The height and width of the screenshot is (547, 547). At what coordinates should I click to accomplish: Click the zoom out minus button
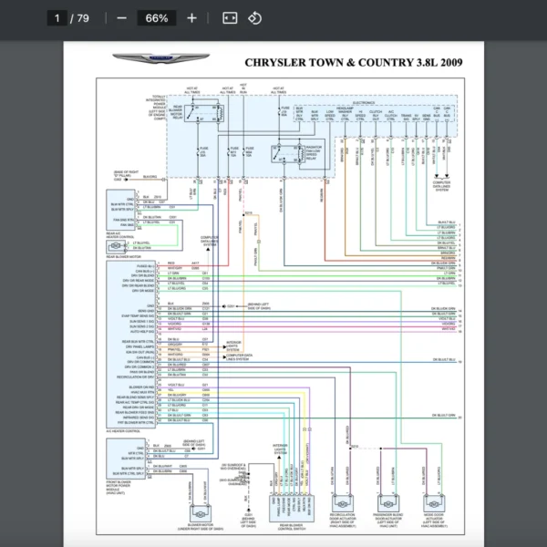coord(121,18)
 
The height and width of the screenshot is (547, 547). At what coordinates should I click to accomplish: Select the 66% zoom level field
coord(156,18)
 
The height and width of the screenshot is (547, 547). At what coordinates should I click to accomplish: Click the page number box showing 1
coord(57,18)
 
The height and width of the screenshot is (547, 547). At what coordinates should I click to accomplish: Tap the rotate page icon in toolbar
coord(255,18)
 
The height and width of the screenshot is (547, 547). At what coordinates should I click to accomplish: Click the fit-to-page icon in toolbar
coord(230,18)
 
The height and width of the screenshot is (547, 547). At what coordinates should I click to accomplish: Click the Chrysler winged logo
coord(160,60)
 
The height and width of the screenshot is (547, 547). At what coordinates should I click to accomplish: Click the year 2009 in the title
coord(446,63)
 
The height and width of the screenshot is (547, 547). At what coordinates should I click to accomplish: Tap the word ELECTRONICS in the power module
coord(364,103)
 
